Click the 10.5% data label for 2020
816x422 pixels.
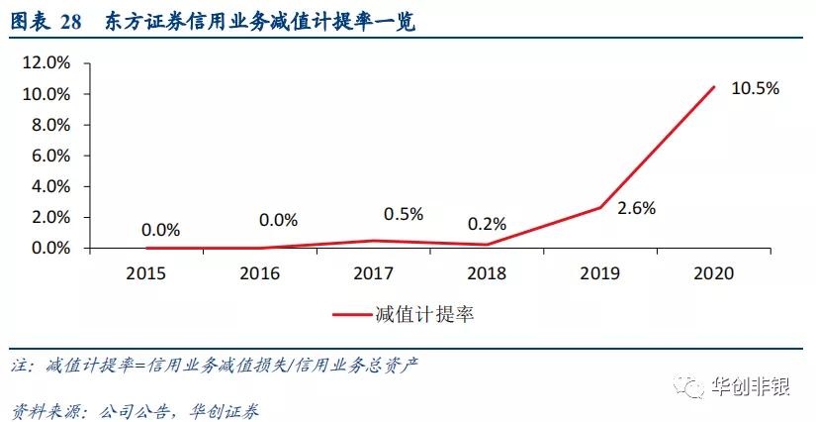point(755,88)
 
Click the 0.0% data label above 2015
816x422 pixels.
point(160,230)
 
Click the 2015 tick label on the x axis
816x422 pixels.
point(147,272)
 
